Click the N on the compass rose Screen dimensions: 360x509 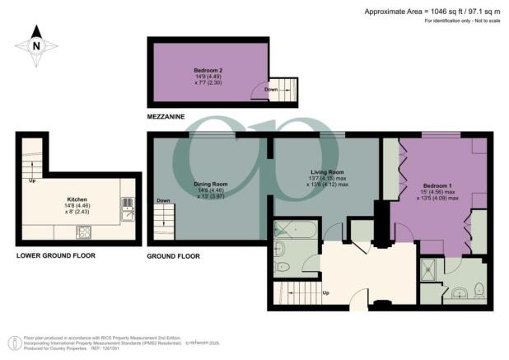(36, 46)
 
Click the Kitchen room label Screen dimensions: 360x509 (78, 199)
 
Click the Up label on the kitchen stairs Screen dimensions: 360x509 (32, 180)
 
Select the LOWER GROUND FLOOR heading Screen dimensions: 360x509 (55, 256)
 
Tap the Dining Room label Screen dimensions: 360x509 (210, 184)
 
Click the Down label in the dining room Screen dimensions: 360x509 (163, 200)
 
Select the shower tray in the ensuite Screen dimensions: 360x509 (431, 268)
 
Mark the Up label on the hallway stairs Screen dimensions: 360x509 (326, 292)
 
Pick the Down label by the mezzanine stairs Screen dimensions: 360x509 (271, 91)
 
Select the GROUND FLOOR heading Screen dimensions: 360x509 (174, 256)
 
